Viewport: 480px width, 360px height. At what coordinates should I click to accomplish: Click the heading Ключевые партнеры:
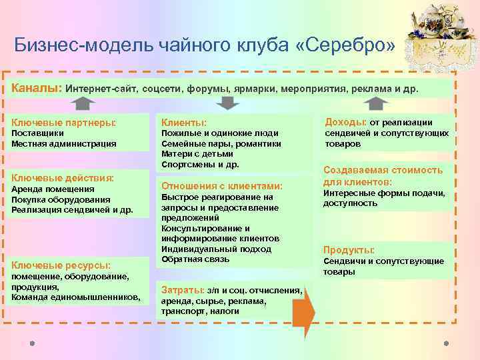pos(63,123)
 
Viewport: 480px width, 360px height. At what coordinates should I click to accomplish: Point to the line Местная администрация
pos(64,143)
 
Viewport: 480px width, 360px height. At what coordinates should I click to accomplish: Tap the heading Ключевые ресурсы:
pos(61,265)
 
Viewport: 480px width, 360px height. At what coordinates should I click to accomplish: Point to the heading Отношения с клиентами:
pos(222,186)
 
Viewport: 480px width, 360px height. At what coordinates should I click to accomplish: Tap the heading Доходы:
pos(345,122)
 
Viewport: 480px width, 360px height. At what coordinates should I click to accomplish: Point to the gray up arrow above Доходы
pos(377,103)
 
